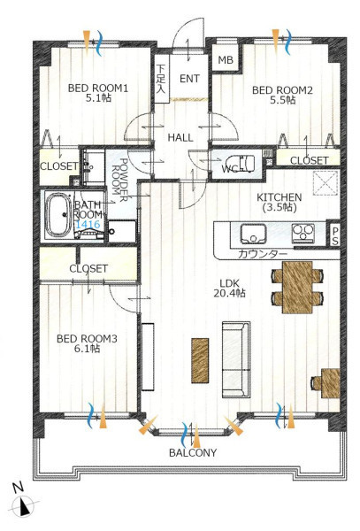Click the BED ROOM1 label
[98, 88]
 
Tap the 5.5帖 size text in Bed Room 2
[282, 100]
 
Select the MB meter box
[226, 60]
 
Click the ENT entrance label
[189, 79]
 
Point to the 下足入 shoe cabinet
[161, 79]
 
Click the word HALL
[180, 137]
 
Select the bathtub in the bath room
[59, 215]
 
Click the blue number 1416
[88, 224]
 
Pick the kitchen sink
[254, 234]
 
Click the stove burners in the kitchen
[303, 232]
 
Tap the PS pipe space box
[334, 235]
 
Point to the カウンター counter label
[263, 254]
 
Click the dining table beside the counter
[297, 287]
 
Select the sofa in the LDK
[236, 359]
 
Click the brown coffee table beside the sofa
[200, 361]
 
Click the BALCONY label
[193, 453]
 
